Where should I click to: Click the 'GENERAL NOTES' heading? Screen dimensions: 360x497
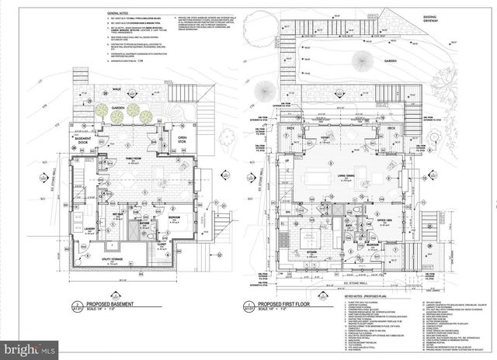pos(120,13)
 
